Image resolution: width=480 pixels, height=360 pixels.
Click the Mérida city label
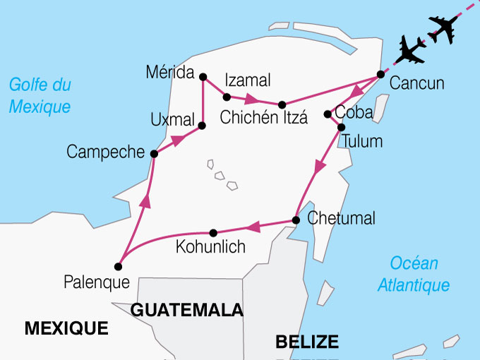point(170,72)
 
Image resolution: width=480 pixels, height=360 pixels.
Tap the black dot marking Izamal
point(227,97)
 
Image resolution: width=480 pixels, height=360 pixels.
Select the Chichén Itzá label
point(264,118)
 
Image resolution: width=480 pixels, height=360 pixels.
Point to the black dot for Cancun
point(380,74)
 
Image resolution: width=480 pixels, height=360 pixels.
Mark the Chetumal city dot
point(296,220)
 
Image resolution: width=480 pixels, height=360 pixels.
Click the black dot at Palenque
point(118,267)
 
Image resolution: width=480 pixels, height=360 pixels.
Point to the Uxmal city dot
point(202,126)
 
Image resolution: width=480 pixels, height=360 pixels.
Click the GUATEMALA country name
point(187,310)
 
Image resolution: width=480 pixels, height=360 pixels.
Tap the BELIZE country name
point(306,342)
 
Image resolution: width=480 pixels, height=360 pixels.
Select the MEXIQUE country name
point(66,328)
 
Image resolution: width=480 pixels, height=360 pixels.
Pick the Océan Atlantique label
point(414,275)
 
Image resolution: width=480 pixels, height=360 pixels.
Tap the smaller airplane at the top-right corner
point(443,28)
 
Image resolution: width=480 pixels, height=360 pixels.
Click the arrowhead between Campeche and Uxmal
point(179,139)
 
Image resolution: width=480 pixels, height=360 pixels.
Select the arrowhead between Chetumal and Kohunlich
point(253,226)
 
